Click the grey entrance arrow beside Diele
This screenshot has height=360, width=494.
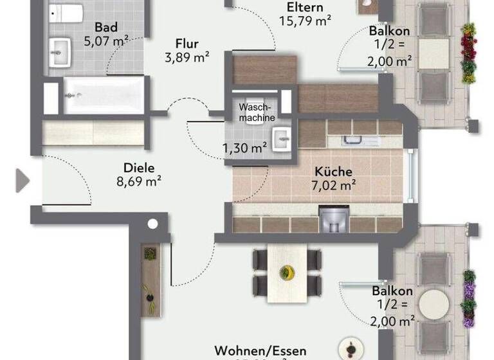[x=23, y=181]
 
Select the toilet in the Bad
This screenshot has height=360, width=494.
[x=66, y=14]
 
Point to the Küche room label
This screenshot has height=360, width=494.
[x=333, y=172]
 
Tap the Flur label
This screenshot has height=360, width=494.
[x=187, y=44]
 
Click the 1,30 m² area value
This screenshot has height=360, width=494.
[x=245, y=148]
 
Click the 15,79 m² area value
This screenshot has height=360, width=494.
[x=305, y=21]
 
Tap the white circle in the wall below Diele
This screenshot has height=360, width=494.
[x=152, y=224]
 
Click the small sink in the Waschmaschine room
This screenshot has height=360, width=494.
[x=282, y=138]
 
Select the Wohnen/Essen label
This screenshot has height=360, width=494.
[x=261, y=351]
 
